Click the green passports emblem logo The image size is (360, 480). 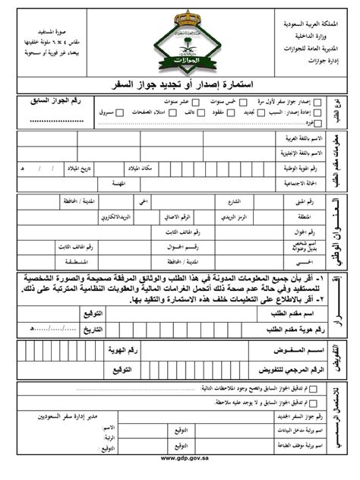[x=180, y=38]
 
